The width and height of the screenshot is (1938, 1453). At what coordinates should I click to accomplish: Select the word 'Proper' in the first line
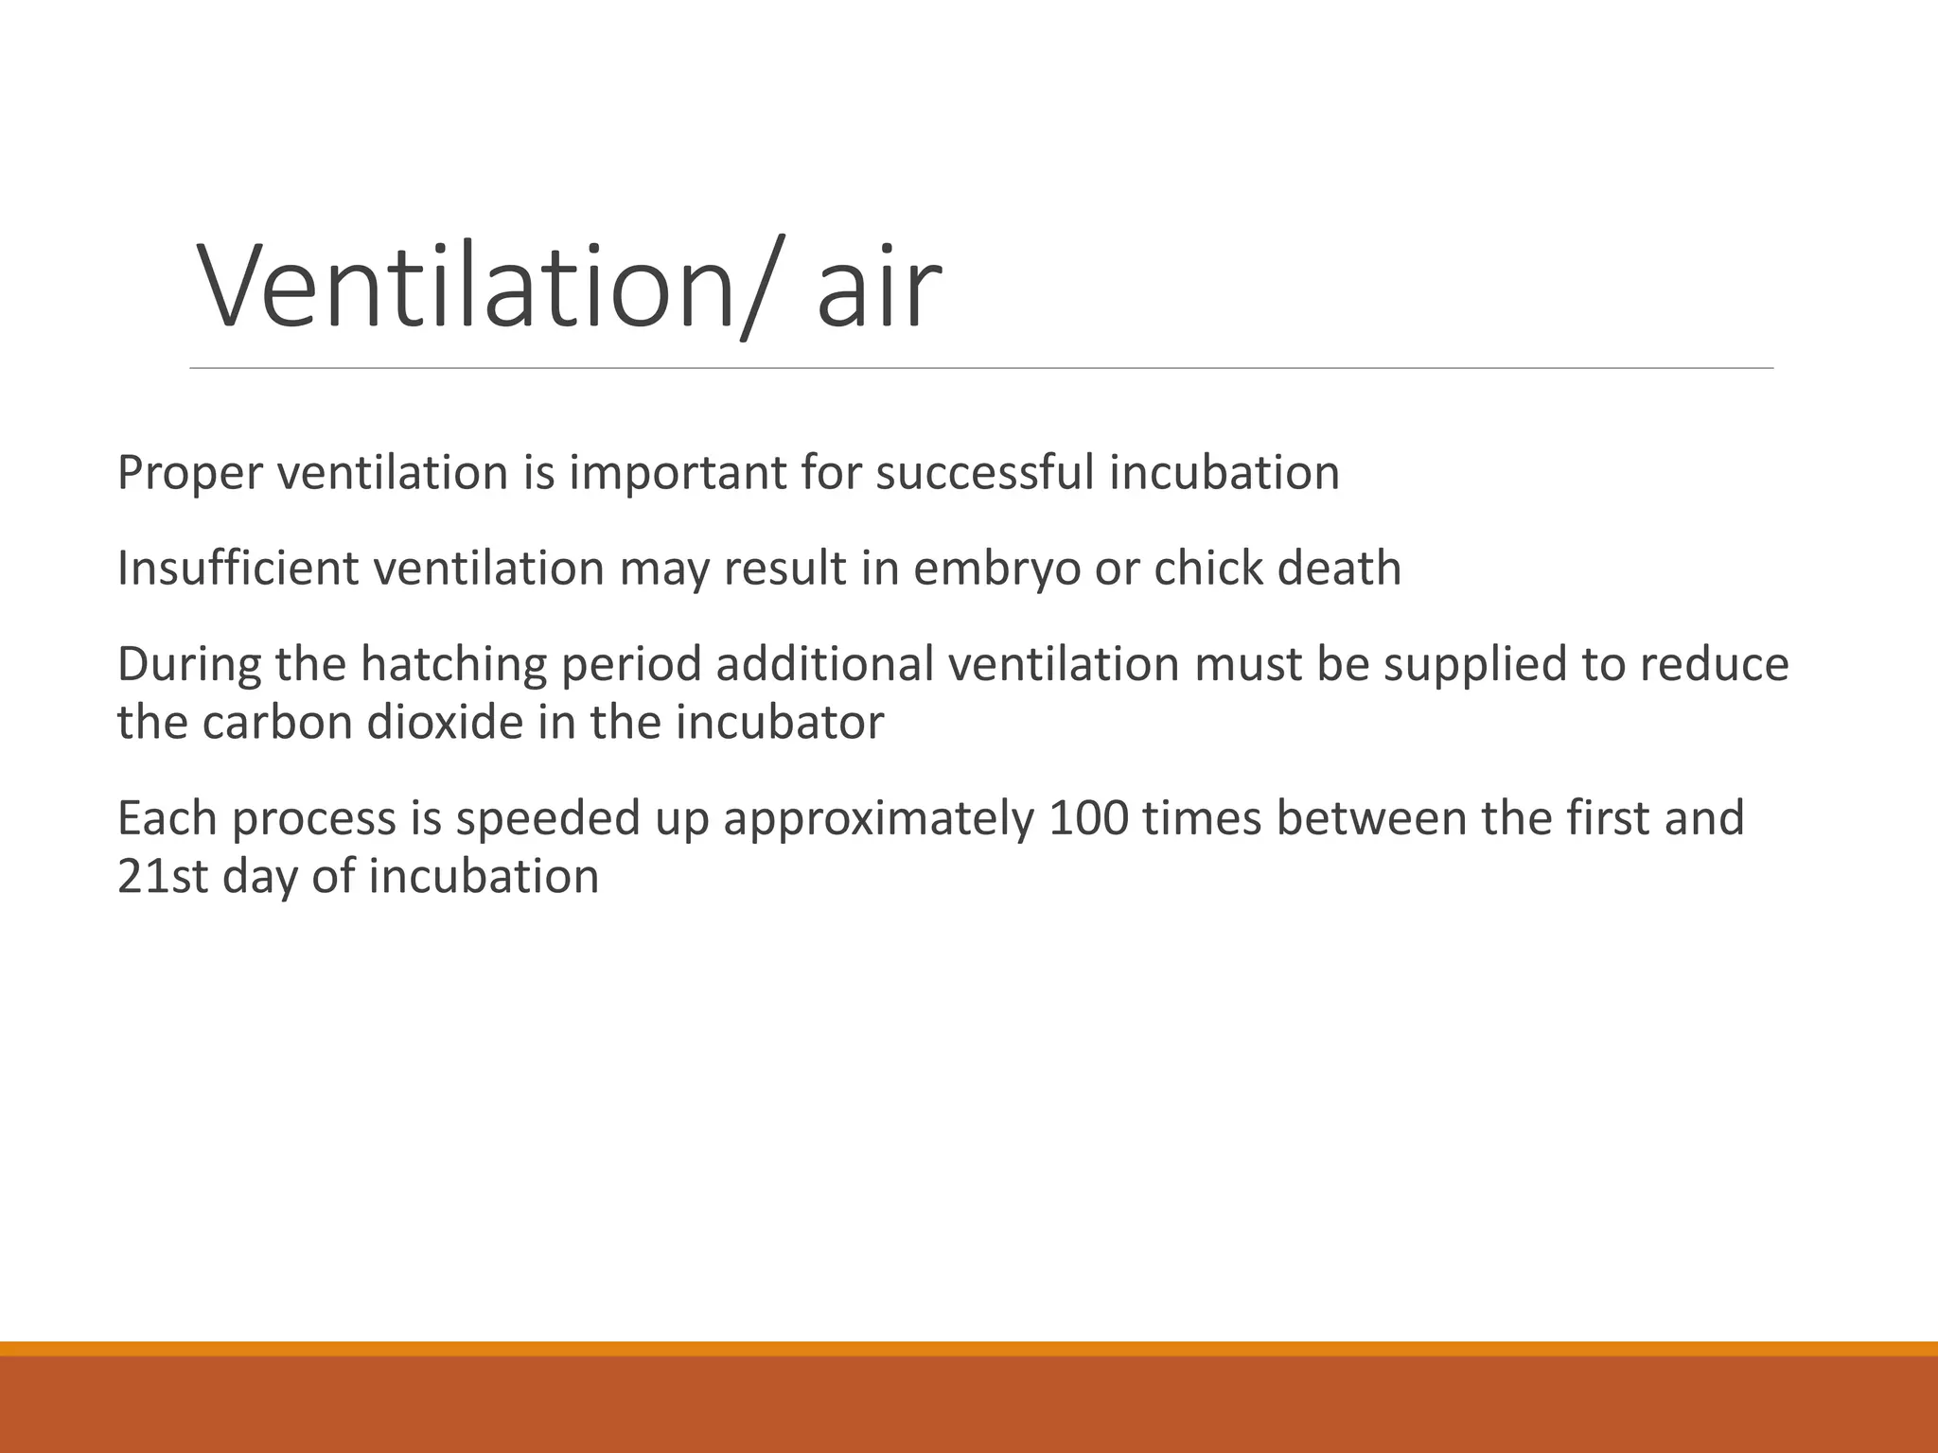189,473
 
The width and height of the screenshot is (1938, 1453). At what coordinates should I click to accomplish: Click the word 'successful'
984,473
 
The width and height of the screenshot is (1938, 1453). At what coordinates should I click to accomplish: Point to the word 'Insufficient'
238,569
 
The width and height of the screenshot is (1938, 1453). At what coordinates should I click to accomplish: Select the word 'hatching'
453,665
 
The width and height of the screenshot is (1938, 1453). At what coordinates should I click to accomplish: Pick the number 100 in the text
1088,819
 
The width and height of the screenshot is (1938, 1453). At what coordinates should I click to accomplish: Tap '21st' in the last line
162,877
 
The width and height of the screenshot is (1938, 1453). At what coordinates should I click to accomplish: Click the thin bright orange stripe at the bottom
969,1349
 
